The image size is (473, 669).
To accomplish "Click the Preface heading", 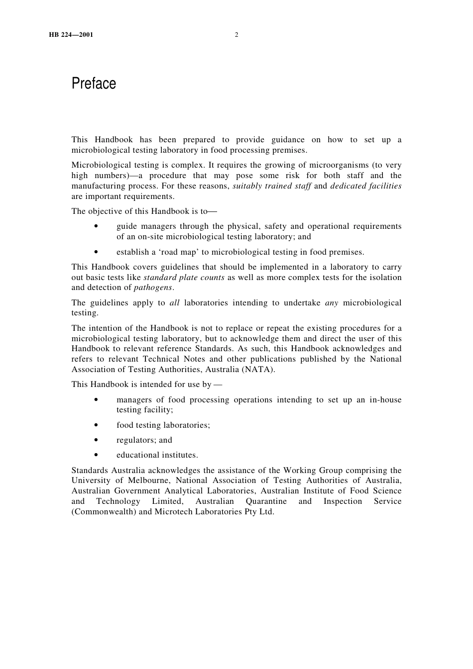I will (x=94, y=83).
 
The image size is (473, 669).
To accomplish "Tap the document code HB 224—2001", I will (x=71, y=35).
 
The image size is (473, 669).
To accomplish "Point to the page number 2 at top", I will (x=236, y=35).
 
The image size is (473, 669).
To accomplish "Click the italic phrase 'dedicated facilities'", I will (x=365, y=186).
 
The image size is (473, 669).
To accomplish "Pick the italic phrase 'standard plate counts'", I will (x=184, y=278).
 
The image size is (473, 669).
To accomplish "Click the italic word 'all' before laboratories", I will (x=174, y=303).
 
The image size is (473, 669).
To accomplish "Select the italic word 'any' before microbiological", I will (x=332, y=303).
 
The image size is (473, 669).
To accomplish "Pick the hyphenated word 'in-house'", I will (x=385, y=400).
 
